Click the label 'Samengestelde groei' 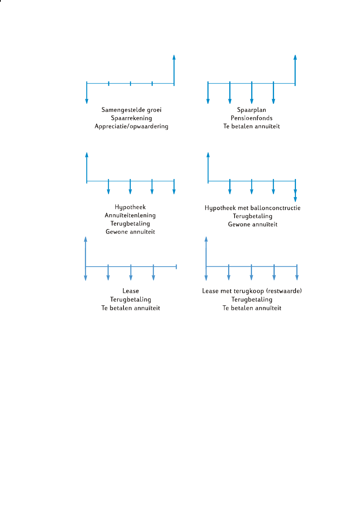pyautogui.click(x=131, y=110)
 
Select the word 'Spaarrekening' pyautogui.click(x=131, y=118)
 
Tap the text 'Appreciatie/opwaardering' pyautogui.click(x=131, y=126)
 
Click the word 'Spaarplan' pyautogui.click(x=252, y=110)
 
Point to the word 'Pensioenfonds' pyautogui.click(x=252, y=118)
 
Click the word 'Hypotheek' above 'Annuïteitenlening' pyautogui.click(x=130, y=207)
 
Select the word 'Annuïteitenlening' pyautogui.click(x=130, y=215)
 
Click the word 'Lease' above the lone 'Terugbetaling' pyautogui.click(x=131, y=291)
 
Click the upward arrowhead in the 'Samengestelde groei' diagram pyautogui.click(x=174, y=57)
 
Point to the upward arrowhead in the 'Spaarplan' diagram pyautogui.click(x=295, y=57)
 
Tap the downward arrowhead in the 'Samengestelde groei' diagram pyautogui.click(x=87, y=101)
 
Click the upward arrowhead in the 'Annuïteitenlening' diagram pyautogui.click(x=87, y=155)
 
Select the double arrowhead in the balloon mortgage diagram pyautogui.click(x=295, y=196)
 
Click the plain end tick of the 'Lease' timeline pyautogui.click(x=176, y=267)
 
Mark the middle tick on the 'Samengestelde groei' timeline pyautogui.click(x=130, y=83)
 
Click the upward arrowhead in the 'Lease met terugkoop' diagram pyautogui.click(x=206, y=239)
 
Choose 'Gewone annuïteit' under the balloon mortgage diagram pyautogui.click(x=253, y=224)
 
